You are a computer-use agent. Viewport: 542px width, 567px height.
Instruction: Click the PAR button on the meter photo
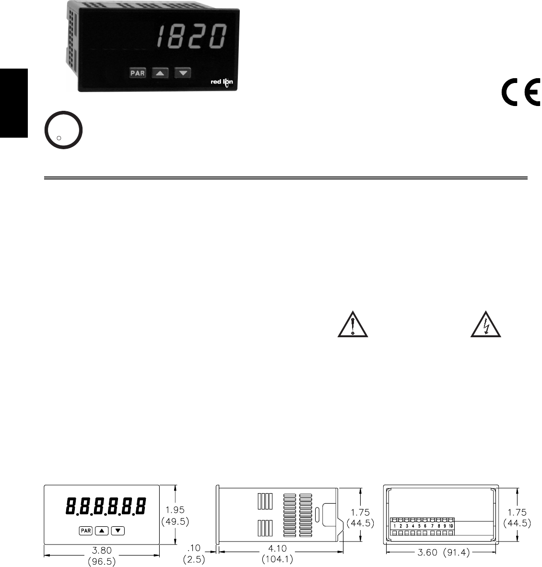(x=138, y=73)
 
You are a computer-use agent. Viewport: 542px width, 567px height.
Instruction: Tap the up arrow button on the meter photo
(x=160, y=73)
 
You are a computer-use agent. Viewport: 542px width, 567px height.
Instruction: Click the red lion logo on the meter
(x=222, y=83)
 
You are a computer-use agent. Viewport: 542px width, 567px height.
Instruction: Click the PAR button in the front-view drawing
(x=86, y=530)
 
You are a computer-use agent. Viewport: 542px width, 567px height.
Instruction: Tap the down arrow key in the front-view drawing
(x=118, y=530)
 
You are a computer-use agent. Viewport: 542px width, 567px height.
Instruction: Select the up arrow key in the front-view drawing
(x=102, y=530)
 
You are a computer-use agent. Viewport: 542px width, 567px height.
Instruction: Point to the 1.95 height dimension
(x=175, y=510)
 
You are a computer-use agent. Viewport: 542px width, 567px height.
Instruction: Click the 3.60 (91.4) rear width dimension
(x=441, y=552)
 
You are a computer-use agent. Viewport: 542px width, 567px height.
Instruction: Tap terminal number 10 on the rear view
(x=451, y=526)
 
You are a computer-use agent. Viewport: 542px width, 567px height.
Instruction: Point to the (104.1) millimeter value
(x=278, y=559)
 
